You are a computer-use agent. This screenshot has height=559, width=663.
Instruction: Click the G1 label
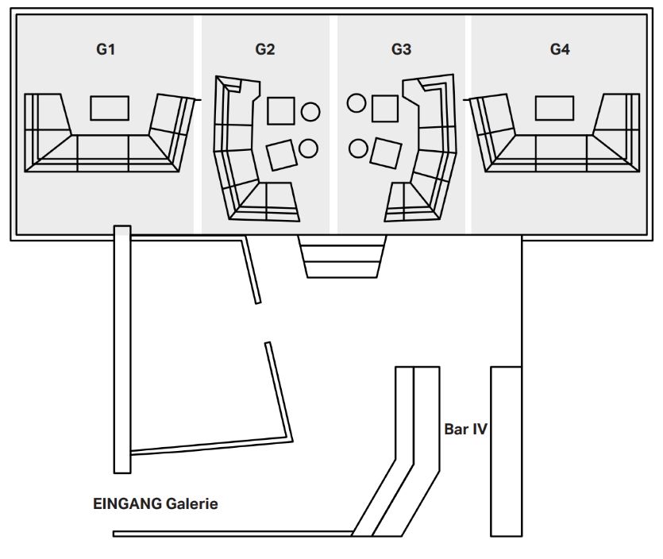pyautogui.click(x=106, y=49)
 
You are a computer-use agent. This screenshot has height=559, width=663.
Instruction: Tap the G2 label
pyautogui.click(x=265, y=49)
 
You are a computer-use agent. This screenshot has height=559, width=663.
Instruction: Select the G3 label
pyautogui.click(x=401, y=49)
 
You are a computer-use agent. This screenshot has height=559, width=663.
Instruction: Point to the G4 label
pyautogui.click(x=560, y=49)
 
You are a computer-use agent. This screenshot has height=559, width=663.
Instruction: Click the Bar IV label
pyautogui.click(x=465, y=430)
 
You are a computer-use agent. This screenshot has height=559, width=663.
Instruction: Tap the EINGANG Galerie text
pyautogui.click(x=155, y=503)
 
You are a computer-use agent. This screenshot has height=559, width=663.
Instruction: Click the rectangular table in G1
pyautogui.click(x=110, y=108)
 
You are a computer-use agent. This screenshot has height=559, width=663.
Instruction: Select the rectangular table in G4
pyautogui.click(x=554, y=108)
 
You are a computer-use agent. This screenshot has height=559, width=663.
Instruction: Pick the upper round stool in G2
pyautogui.click(x=310, y=112)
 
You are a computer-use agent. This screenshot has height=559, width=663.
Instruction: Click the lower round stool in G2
pyautogui.click(x=308, y=148)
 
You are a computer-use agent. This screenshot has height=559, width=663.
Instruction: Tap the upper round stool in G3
pyautogui.click(x=357, y=102)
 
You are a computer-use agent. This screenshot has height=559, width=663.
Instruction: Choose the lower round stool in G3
pyautogui.click(x=359, y=148)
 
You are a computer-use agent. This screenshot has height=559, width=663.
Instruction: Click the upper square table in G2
pyautogui.click(x=281, y=111)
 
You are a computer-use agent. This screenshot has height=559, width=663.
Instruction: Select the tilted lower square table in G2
pyautogui.click(x=282, y=155)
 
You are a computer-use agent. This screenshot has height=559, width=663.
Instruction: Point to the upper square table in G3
pyautogui.click(x=385, y=109)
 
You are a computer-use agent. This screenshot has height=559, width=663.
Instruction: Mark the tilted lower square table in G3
pyautogui.click(x=386, y=153)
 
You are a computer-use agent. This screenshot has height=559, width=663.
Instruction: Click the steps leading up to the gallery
pyautogui.click(x=342, y=256)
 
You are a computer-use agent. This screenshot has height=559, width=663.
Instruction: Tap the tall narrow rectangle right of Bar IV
pyautogui.click(x=506, y=452)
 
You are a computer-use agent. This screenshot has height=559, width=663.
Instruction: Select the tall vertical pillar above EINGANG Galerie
pyautogui.click(x=122, y=349)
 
